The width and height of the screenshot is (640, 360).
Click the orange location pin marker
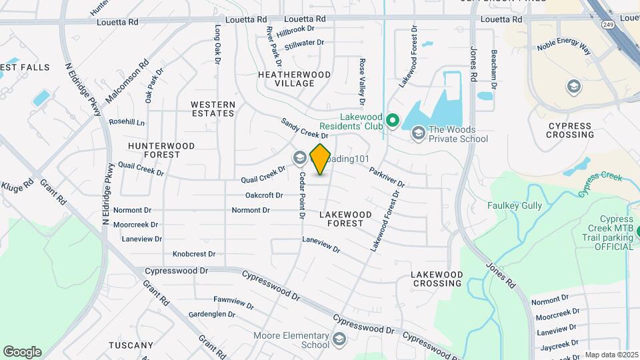point(321,159)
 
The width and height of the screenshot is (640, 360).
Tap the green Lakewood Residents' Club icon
point(393,121)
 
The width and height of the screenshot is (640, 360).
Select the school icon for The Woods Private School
point(418,133)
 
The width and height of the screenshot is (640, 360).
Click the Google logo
point(22,351)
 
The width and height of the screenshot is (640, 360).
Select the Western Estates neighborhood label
point(213,109)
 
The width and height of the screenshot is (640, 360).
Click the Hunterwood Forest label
point(161,150)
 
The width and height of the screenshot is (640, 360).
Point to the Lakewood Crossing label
point(437,279)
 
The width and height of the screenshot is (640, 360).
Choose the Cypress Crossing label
point(570,130)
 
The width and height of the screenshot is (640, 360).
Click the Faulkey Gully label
point(515,206)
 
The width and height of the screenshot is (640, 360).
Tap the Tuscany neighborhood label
point(131,345)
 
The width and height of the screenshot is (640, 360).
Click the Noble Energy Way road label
point(565,48)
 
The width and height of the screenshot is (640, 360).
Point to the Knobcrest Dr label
point(194,254)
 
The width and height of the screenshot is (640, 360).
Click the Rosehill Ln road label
point(127,123)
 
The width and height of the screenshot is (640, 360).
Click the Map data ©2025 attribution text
point(611,355)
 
